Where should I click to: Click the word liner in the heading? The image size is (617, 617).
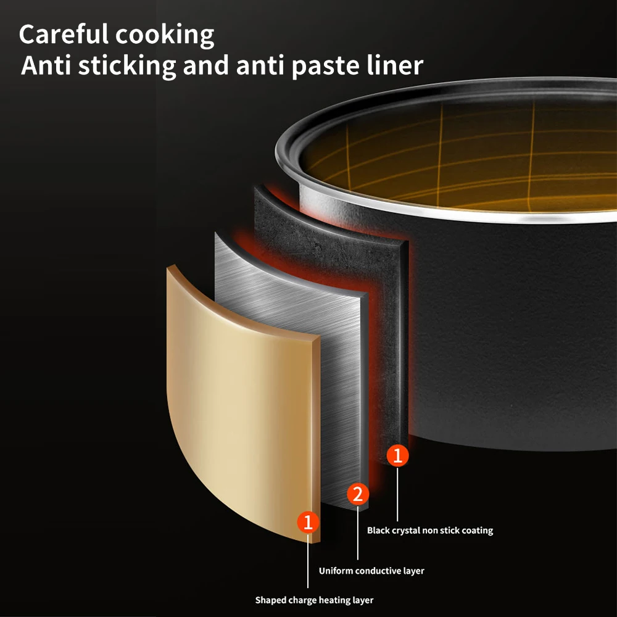395,65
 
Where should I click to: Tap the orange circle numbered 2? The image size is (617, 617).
358,494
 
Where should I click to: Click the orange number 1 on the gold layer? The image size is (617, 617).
308,523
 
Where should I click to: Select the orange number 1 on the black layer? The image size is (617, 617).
397,456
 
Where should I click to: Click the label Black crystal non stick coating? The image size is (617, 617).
430,530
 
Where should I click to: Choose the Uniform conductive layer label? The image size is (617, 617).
371,571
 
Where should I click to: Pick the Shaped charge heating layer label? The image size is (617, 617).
314,600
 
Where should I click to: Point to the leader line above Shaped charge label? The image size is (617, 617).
308,561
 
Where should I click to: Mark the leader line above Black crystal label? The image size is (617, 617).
397,494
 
